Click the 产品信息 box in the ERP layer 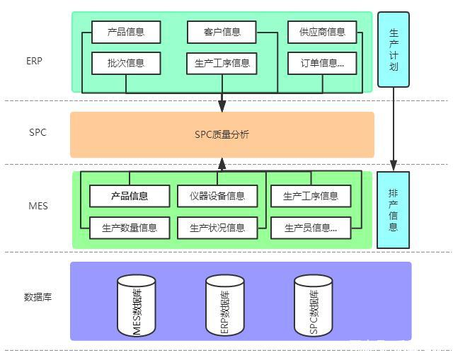pyautogui.click(x=126, y=32)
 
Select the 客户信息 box pyautogui.click(x=222, y=32)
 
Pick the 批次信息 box pyautogui.click(x=126, y=63)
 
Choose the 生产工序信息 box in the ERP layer pyautogui.click(x=222, y=63)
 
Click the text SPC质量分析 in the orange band pyautogui.click(x=222, y=134)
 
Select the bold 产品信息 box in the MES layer pyautogui.click(x=130, y=196)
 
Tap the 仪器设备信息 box pyautogui.click(x=222, y=196)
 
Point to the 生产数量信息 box pyautogui.click(x=130, y=228)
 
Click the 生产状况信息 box pyautogui.click(x=222, y=228)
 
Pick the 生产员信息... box pyautogui.click(x=311, y=228)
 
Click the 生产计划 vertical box pyautogui.click(x=394, y=50)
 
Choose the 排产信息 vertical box pyautogui.click(x=394, y=209)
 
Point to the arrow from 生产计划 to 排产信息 pyautogui.click(x=394, y=127)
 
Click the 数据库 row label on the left pyautogui.click(x=38, y=297)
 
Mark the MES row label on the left pyautogui.click(x=38, y=207)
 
